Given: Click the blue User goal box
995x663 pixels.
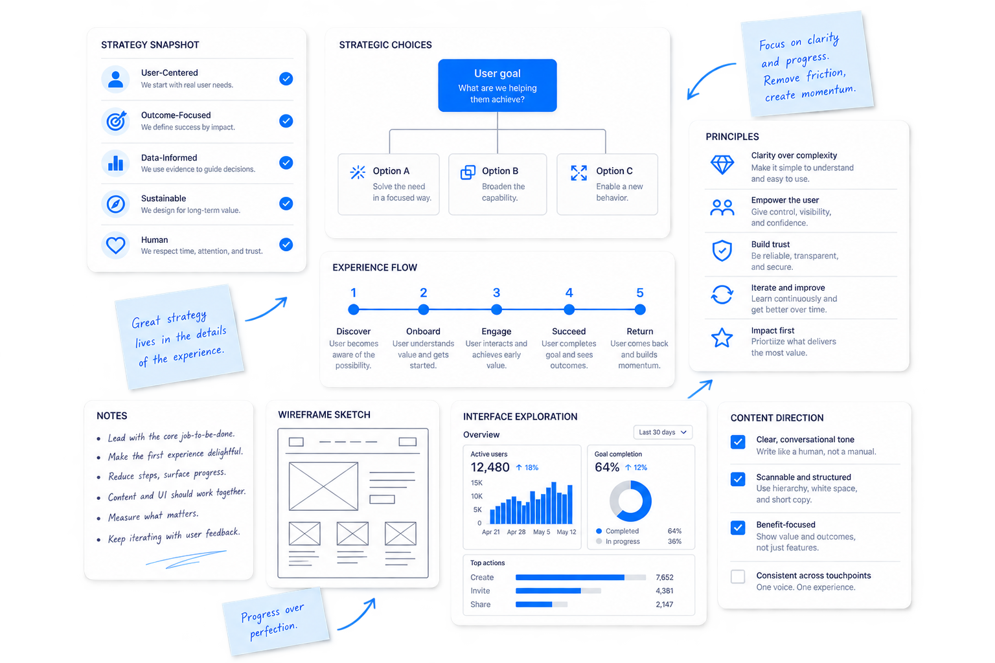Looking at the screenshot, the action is [497, 85].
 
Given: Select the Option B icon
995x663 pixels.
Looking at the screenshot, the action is [468, 172].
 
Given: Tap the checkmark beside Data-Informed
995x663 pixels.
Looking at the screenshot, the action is [286, 163].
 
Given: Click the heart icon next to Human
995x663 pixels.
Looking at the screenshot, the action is [115, 245].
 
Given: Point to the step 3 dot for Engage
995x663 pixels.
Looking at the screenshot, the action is [497, 309].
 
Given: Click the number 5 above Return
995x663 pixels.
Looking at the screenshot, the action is [639, 293].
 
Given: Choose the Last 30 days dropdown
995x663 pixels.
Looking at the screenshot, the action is [663, 432].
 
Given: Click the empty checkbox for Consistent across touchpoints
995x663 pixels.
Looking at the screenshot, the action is [738, 576].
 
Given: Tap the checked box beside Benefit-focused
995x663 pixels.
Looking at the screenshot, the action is [738, 528].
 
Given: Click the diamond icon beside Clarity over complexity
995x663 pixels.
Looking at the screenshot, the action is [722, 164].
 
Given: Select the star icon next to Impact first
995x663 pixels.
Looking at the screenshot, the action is [722, 338].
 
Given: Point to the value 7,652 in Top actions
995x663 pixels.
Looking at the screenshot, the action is [665, 578].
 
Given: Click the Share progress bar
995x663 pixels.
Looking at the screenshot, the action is [542, 604].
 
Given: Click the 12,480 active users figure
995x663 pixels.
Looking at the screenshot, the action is [490, 467].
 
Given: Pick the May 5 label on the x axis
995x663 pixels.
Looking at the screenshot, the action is [542, 532].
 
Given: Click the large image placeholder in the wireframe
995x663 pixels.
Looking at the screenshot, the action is [323, 486].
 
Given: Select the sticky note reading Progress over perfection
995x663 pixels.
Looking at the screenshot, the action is [276, 622].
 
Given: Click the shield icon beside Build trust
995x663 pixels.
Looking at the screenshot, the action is [722, 251].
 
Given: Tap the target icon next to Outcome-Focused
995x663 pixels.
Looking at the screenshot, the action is [115, 121].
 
